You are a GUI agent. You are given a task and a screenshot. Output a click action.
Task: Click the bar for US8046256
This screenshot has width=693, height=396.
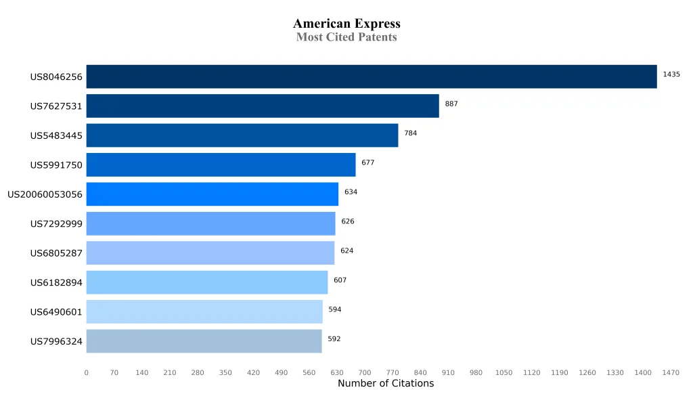click(371, 76)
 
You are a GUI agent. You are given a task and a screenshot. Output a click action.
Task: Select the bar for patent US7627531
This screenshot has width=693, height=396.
click(263, 106)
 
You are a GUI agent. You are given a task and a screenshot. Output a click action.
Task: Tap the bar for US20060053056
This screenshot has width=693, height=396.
click(212, 194)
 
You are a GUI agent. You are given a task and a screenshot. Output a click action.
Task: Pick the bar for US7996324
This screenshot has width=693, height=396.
click(204, 341)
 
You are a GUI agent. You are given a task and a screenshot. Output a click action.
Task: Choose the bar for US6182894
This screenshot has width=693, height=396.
click(206, 282)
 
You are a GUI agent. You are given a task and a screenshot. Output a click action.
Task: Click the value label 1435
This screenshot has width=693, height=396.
click(671, 74)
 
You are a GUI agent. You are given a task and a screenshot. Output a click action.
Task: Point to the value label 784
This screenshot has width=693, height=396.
click(410, 133)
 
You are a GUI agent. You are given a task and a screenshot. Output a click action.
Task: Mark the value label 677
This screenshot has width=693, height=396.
click(367, 162)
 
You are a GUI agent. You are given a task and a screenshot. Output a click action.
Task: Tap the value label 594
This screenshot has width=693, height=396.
click(334, 309)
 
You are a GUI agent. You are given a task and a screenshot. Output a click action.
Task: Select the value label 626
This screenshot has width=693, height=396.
click(347, 221)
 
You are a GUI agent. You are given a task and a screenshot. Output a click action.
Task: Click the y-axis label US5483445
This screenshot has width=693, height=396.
click(56, 136)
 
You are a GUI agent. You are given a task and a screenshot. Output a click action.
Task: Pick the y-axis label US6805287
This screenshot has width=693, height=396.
click(56, 253)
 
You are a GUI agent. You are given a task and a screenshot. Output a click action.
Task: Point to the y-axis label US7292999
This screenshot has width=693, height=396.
click(56, 224)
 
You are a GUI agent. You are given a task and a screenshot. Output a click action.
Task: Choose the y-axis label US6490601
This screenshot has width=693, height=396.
click(56, 312)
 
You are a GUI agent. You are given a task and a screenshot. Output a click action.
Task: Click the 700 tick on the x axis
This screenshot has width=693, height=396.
click(365, 372)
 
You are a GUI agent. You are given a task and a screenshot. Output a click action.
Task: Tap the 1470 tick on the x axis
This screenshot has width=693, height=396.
click(671, 372)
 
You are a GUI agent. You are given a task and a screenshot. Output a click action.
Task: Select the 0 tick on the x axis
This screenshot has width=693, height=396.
click(86, 372)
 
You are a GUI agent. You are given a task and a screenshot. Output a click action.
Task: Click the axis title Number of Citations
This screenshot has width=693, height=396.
click(386, 384)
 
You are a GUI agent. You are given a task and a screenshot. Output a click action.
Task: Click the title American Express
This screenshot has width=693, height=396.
click(346, 24)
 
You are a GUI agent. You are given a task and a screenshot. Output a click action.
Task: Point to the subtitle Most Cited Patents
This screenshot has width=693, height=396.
click(346, 37)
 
